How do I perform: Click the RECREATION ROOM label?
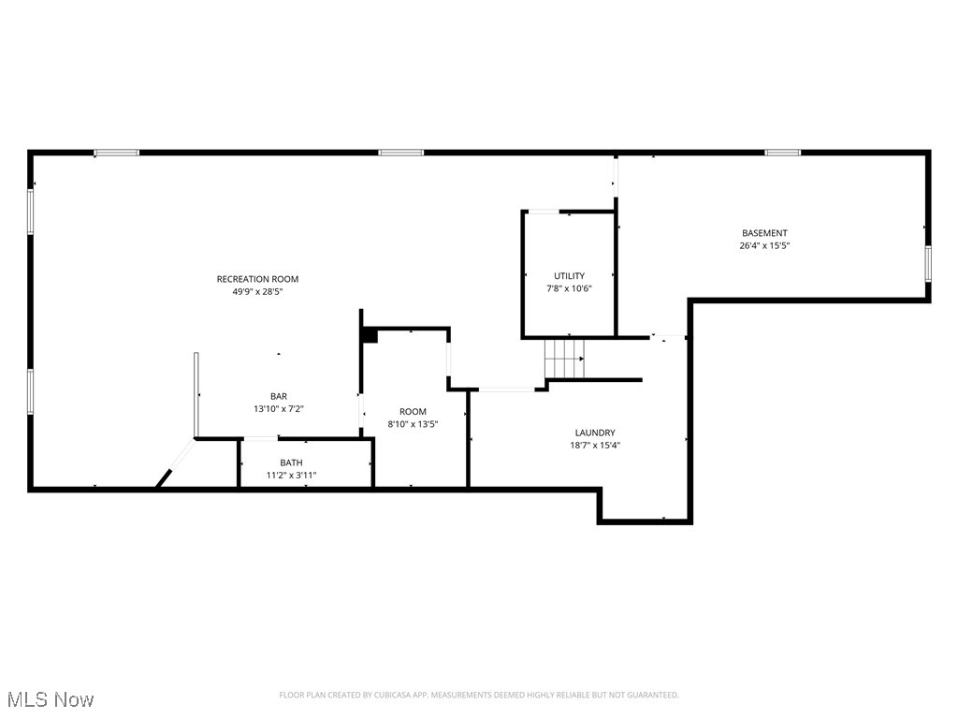click(257, 279)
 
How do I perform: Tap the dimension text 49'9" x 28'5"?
click(257, 292)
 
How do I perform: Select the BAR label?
click(279, 396)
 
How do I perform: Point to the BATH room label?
click(291, 462)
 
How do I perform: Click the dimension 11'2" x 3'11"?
click(291, 476)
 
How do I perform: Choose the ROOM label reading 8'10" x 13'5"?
click(413, 412)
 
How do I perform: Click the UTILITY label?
click(569, 275)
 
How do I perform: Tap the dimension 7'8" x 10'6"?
click(569, 288)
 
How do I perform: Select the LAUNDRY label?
click(595, 433)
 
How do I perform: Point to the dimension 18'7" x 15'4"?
click(595, 446)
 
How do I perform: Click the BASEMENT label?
click(764, 233)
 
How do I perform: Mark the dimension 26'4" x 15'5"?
click(764, 246)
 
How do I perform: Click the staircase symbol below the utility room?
click(565, 359)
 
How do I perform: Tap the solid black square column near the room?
click(369, 335)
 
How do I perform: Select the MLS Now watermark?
click(50, 699)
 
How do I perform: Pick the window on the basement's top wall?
click(782, 152)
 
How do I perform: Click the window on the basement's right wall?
click(928, 263)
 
